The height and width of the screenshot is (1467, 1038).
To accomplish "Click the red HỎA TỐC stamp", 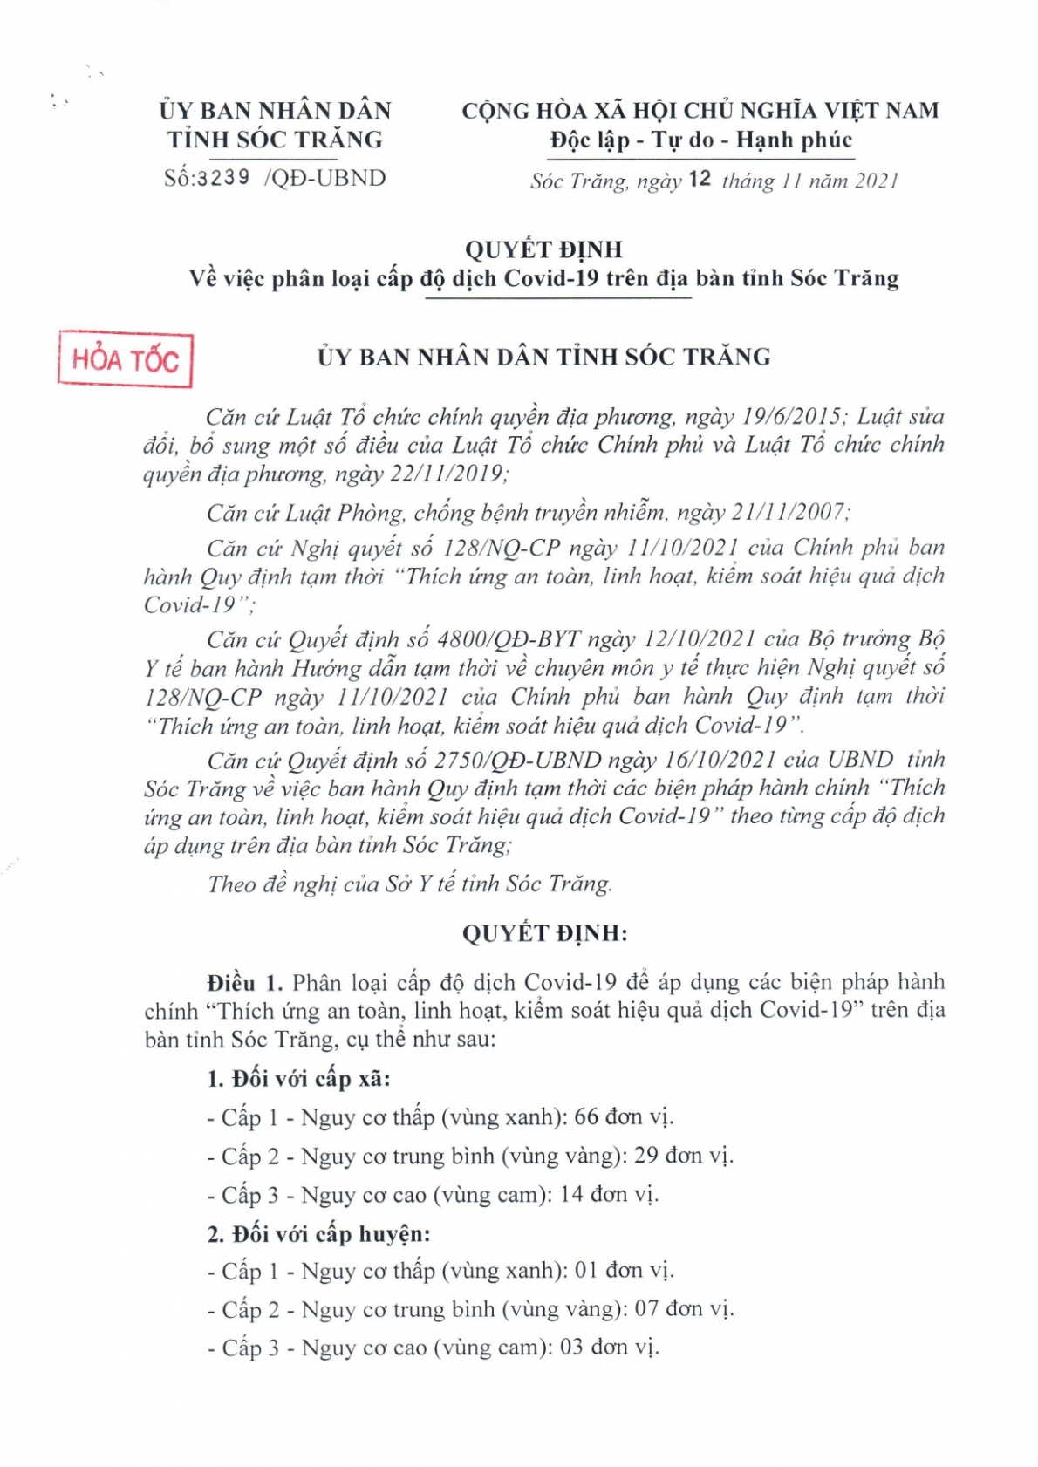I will click(x=125, y=359).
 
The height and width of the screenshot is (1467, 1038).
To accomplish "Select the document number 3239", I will click(x=223, y=178).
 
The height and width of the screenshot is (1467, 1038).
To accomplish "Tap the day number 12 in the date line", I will click(x=700, y=180).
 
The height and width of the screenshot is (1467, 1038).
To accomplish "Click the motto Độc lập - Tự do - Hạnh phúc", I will click(x=700, y=140).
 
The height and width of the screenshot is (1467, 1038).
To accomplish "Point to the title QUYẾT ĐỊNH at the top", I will click(x=543, y=249).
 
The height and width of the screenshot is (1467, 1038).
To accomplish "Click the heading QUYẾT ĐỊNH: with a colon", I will click(x=544, y=933).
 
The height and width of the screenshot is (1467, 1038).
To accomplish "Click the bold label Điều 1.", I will click(x=244, y=983).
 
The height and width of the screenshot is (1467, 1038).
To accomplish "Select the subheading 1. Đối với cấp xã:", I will click(x=298, y=1079).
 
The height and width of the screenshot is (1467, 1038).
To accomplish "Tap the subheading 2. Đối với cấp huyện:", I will click(x=318, y=1233).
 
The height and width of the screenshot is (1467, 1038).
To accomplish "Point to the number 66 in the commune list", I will click(x=586, y=1117).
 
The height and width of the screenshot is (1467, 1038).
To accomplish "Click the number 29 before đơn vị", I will click(x=645, y=1156).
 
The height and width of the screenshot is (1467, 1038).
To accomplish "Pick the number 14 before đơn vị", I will click(x=571, y=1194).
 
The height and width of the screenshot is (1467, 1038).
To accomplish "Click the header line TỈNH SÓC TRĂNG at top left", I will click(x=275, y=140).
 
